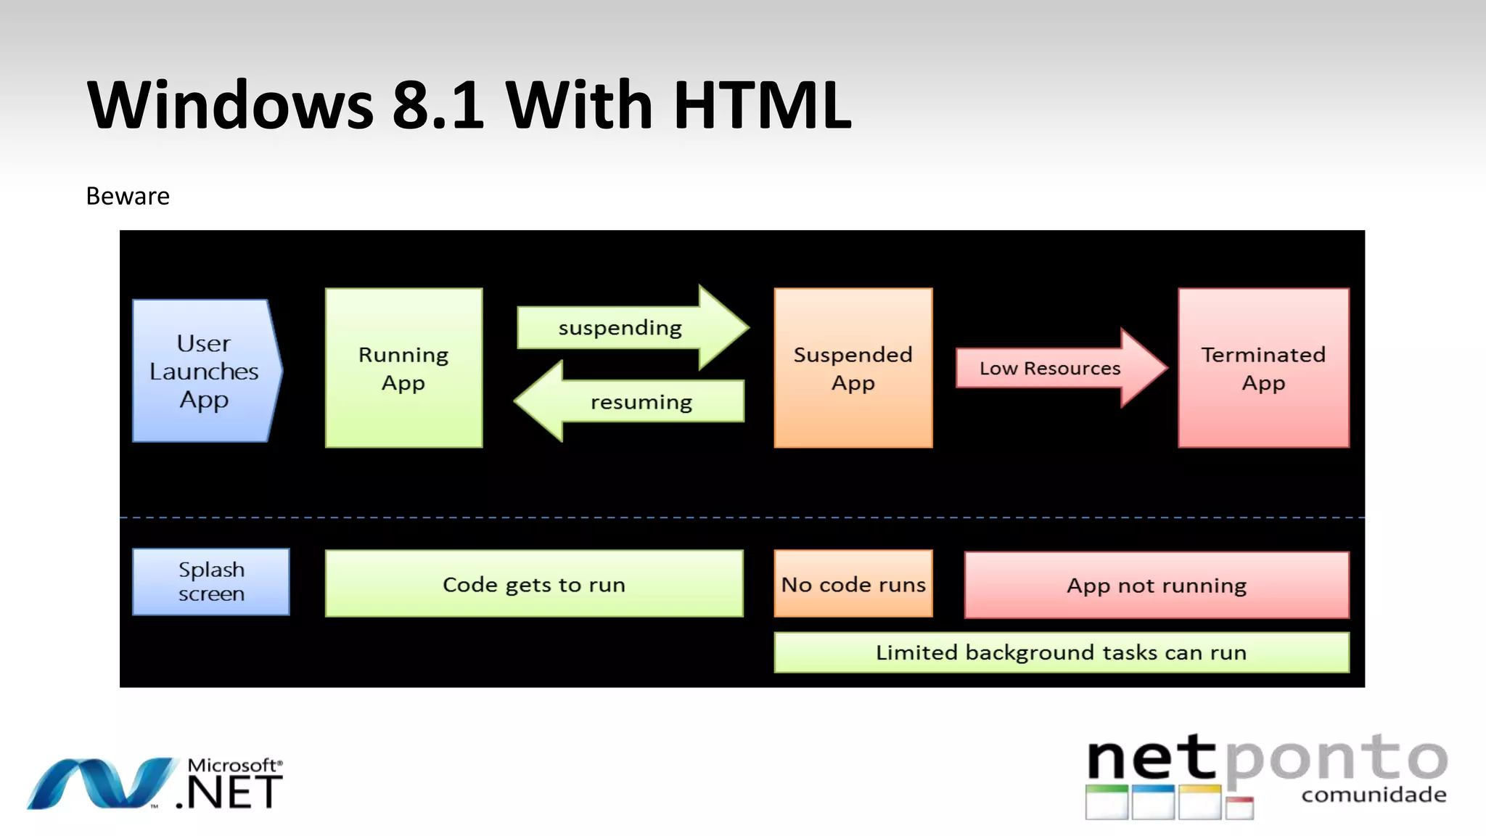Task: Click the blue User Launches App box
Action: click(x=204, y=371)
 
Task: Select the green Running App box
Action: click(x=403, y=368)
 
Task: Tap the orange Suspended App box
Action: click(x=853, y=368)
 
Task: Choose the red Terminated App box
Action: click(x=1263, y=368)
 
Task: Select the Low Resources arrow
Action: click(x=1052, y=369)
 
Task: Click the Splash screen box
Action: click(x=211, y=582)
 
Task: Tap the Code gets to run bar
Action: click(x=534, y=584)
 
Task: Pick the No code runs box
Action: click(x=853, y=584)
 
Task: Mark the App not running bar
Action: click(x=1157, y=585)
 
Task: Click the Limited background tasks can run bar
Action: click(x=1061, y=652)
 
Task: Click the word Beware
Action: click(x=128, y=196)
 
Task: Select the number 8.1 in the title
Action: click(x=438, y=105)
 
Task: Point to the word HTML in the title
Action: click(x=762, y=105)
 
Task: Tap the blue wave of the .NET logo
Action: click(x=102, y=784)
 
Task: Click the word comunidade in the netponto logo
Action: click(x=1374, y=795)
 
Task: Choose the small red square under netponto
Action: click(x=1240, y=808)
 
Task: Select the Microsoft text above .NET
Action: click(x=232, y=765)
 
